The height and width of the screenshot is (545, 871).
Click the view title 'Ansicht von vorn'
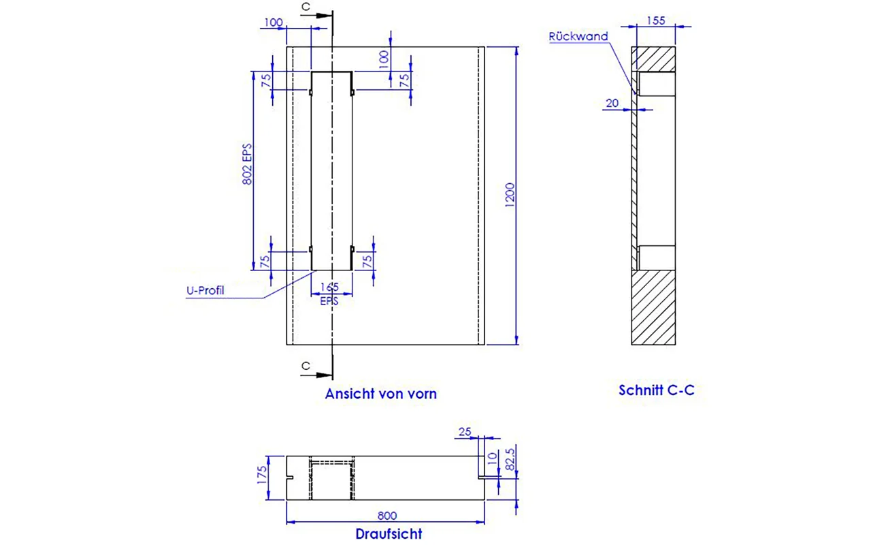(x=380, y=394)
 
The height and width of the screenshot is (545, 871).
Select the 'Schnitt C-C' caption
(x=656, y=390)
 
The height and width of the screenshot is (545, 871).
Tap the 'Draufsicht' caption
(x=389, y=533)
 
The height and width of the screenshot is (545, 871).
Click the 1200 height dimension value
(x=511, y=196)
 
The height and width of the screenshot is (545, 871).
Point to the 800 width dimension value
(x=386, y=516)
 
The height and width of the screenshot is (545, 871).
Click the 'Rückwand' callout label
(x=578, y=37)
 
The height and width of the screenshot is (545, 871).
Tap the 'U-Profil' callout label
(x=206, y=291)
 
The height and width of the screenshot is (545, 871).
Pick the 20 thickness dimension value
(x=612, y=103)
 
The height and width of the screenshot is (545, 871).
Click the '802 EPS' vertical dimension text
(x=247, y=164)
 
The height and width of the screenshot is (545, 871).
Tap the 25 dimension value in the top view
(x=465, y=431)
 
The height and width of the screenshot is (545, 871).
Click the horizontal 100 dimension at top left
(x=272, y=23)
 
